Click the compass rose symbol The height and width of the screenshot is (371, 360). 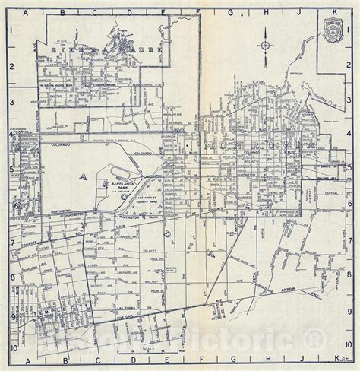264,45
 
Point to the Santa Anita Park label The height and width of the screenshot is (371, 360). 122,179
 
